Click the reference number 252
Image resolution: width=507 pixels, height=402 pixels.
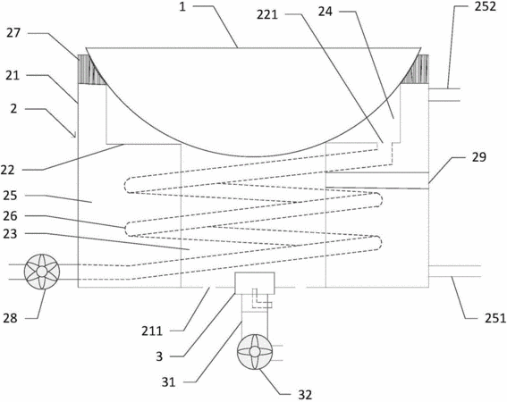point(485,6)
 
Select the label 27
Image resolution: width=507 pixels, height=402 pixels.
point(13,33)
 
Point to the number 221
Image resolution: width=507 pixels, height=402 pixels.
point(267,14)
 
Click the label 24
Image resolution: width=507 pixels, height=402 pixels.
point(325,12)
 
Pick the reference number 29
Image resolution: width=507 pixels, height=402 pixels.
point(479,157)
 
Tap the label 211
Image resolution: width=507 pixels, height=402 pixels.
point(152,331)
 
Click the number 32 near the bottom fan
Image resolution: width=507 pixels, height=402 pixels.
point(305,395)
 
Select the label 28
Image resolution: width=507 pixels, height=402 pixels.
point(10,318)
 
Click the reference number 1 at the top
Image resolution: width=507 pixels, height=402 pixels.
point(182,7)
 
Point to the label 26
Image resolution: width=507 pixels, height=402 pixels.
point(10,216)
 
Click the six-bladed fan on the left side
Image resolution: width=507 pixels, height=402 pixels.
point(42,272)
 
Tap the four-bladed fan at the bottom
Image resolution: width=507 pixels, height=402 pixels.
point(255,352)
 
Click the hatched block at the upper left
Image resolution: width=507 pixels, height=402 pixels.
point(92,70)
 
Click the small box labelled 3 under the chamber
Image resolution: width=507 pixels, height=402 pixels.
point(255,283)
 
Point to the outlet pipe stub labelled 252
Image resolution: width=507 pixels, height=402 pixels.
point(444,95)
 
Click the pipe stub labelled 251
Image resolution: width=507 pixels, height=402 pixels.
point(454,271)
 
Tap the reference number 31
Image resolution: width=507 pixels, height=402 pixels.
point(168,382)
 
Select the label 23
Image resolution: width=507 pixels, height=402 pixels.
point(10,234)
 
